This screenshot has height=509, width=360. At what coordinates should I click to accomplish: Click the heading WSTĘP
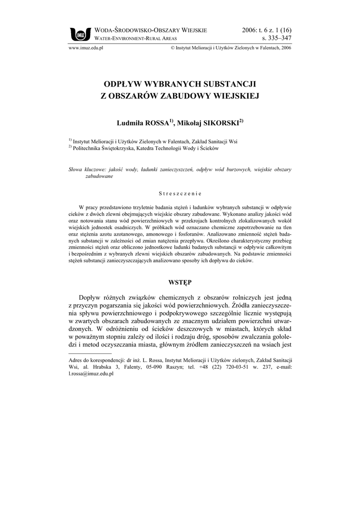180,282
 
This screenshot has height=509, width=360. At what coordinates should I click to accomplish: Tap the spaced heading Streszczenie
180,193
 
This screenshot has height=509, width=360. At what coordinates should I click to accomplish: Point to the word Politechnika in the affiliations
88,148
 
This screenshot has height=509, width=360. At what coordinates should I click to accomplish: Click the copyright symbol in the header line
172,48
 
